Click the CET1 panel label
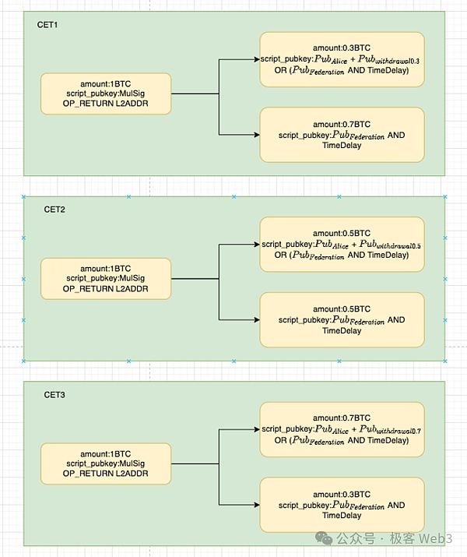(47, 25)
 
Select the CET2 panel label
(54, 210)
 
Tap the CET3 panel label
(54, 396)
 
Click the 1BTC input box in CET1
(105, 93)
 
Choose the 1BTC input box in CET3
(105, 464)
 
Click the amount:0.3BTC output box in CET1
(342, 59)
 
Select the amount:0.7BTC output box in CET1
(342, 134)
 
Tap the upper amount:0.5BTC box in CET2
(342, 244)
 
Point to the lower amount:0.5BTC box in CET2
(342, 319)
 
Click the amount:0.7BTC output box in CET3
(342, 429)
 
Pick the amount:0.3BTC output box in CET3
(342, 505)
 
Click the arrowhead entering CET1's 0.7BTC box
(255, 134)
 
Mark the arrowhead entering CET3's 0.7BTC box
(255, 429)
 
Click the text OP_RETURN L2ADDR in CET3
(105, 474)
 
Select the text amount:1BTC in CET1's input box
(105, 83)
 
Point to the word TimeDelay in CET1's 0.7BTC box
(342, 145)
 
